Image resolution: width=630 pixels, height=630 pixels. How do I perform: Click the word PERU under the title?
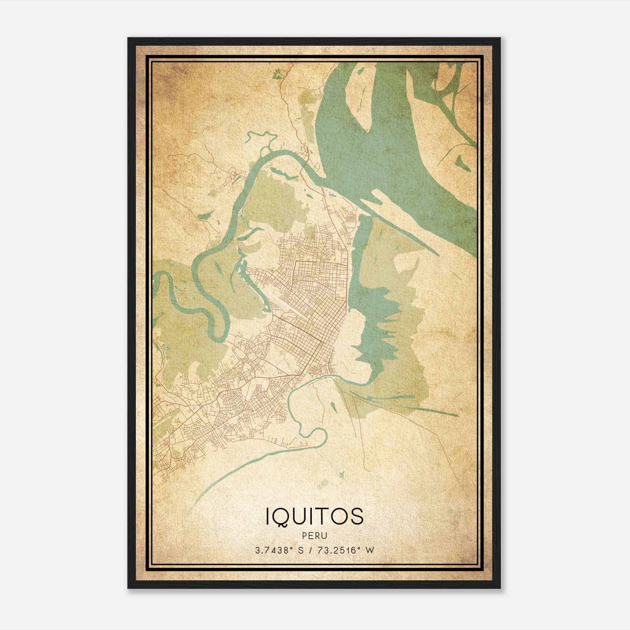pos(315,536)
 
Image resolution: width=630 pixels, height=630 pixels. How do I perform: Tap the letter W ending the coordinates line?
pos(369,550)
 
